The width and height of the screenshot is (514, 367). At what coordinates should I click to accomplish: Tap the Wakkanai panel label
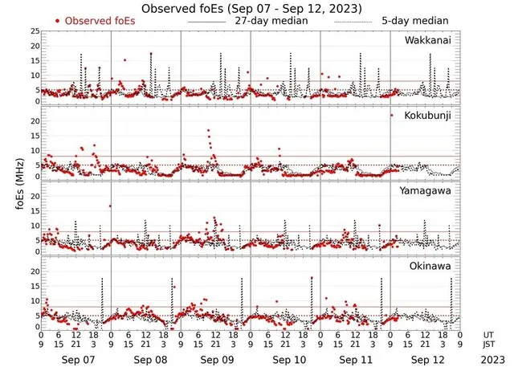(427, 39)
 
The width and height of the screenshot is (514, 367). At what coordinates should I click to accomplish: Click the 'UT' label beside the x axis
(489, 335)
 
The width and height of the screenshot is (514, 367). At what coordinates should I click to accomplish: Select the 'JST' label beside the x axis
(489, 345)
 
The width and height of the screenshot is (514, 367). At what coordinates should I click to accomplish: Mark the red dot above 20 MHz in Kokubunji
(391, 116)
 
